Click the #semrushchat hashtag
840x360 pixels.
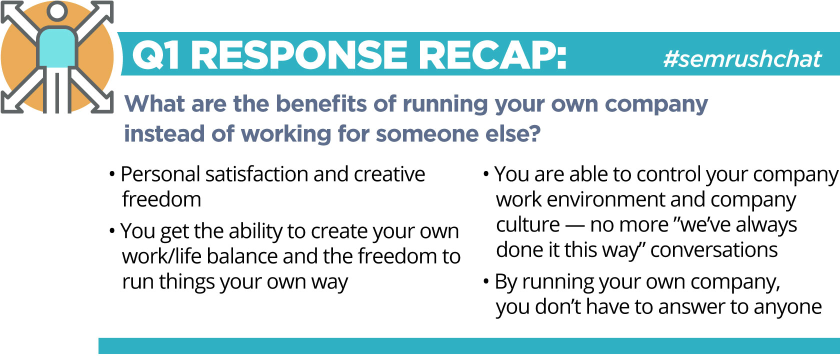[x=742, y=59]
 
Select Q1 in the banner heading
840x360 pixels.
[x=155, y=55]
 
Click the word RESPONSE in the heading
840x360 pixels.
[x=299, y=55]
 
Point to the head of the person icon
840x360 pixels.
[x=57, y=10]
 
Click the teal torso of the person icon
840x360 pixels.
[x=57, y=48]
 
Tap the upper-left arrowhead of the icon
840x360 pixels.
[x=10, y=10]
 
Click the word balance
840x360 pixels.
[x=242, y=256]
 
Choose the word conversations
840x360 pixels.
[x=714, y=250]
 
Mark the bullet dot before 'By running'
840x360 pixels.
[x=486, y=281]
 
